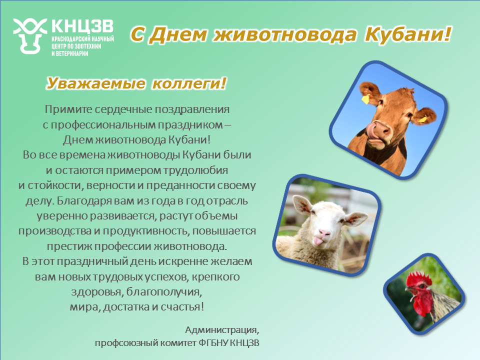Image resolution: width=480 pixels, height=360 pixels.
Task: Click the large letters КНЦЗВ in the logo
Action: point(82,26)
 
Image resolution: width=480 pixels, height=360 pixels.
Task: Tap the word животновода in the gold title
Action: point(284,34)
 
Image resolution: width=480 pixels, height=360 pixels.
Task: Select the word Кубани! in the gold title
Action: point(408,34)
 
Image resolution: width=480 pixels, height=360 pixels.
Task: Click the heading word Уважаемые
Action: point(96,83)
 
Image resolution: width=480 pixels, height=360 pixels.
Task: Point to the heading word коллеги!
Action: point(189,83)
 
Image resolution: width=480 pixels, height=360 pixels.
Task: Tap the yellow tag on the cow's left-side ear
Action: point(365,99)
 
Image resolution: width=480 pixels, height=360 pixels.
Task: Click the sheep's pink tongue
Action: point(318,241)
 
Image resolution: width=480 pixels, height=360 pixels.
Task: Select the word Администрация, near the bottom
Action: point(222,330)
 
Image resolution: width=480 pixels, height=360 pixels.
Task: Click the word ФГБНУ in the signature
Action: point(213,343)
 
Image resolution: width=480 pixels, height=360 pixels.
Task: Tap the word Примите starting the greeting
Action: point(68,109)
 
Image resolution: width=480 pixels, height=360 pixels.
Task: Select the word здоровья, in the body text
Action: point(96,291)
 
